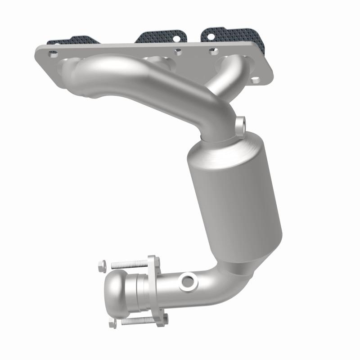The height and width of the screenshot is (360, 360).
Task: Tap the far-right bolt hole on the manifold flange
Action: [255, 81]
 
